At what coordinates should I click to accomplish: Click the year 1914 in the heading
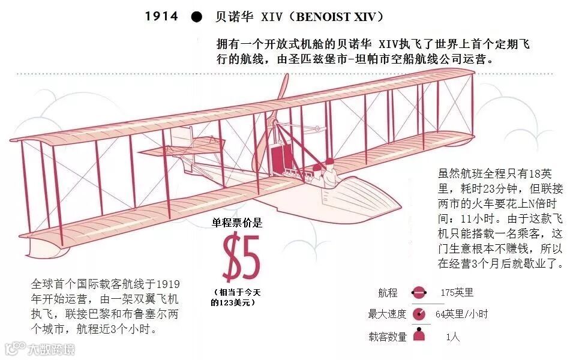pos(162,16)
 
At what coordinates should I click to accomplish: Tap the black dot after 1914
pos(196,17)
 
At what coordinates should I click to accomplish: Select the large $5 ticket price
pos(241,258)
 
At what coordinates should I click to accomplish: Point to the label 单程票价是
pos(237,224)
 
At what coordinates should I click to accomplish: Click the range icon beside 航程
pos(418,293)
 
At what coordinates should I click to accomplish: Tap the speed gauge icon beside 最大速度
pos(419,314)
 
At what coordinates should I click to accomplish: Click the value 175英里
pos(457,293)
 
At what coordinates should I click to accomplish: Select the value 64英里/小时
pos(461,314)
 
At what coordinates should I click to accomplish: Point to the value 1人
pos(453,337)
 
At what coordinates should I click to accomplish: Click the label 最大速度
pos(387,314)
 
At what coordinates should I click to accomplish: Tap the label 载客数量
pos(387,337)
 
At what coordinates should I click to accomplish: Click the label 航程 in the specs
pos(388,293)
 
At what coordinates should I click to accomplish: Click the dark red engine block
pos(277,159)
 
